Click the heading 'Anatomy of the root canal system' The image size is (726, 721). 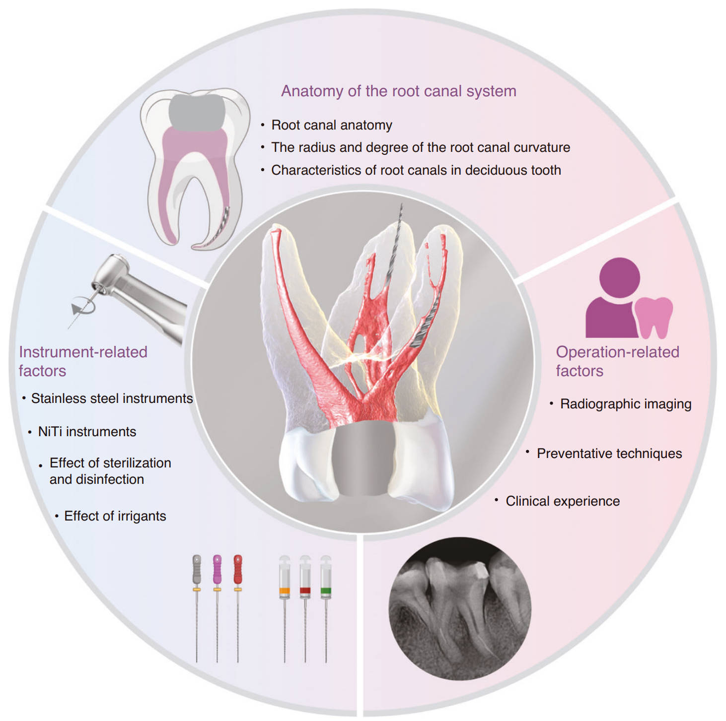(x=399, y=91)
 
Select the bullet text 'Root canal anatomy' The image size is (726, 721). (x=332, y=125)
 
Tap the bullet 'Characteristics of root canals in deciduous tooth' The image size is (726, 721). (x=416, y=170)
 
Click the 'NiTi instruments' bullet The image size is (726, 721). (x=87, y=432)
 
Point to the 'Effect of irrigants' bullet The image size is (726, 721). (x=115, y=516)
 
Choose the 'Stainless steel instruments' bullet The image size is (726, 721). (x=112, y=398)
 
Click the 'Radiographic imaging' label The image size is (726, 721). (x=626, y=404)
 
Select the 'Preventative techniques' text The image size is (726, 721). (x=609, y=454)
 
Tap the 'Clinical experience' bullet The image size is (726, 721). (x=563, y=501)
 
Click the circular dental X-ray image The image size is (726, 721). (x=460, y=609)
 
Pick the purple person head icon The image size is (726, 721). (x=619, y=278)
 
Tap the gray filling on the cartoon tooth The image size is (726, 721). (x=197, y=112)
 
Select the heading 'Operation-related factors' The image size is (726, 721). (x=617, y=361)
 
